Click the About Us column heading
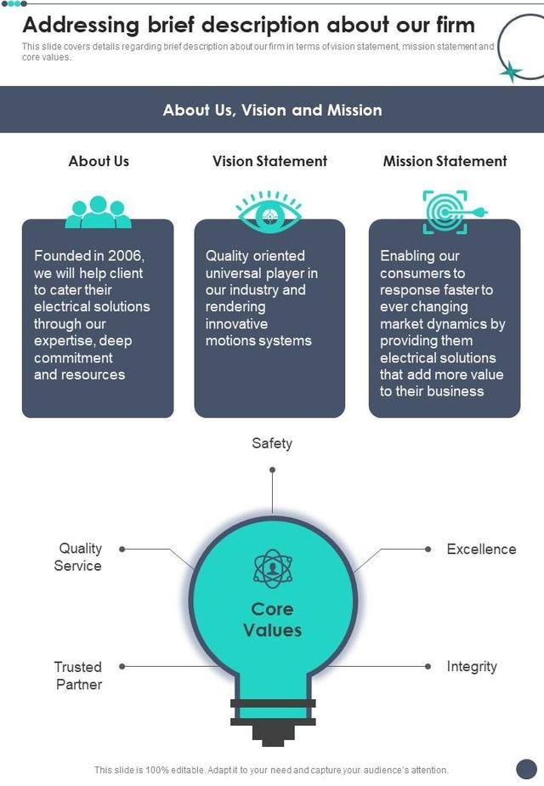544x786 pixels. (99, 161)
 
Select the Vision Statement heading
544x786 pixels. (269, 161)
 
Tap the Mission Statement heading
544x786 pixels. (445, 161)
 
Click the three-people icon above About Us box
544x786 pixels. (99, 212)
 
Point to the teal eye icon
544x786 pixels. (269, 212)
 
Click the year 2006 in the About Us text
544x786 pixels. (126, 256)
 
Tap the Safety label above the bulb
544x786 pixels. (272, 443)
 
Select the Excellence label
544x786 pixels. (481, 550)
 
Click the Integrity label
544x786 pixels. (472, 667)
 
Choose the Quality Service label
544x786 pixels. (79, 557)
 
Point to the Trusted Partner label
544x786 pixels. (78, 675)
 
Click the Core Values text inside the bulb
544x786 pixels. (272, 619)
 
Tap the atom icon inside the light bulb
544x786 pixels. (272, 568)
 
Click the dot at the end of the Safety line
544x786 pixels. (272, 470)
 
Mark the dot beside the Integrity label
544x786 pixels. (427, 667)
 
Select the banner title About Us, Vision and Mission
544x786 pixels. (272, 110)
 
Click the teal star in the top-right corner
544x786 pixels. (511, 71)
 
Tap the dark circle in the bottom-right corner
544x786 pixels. (527, 769)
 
